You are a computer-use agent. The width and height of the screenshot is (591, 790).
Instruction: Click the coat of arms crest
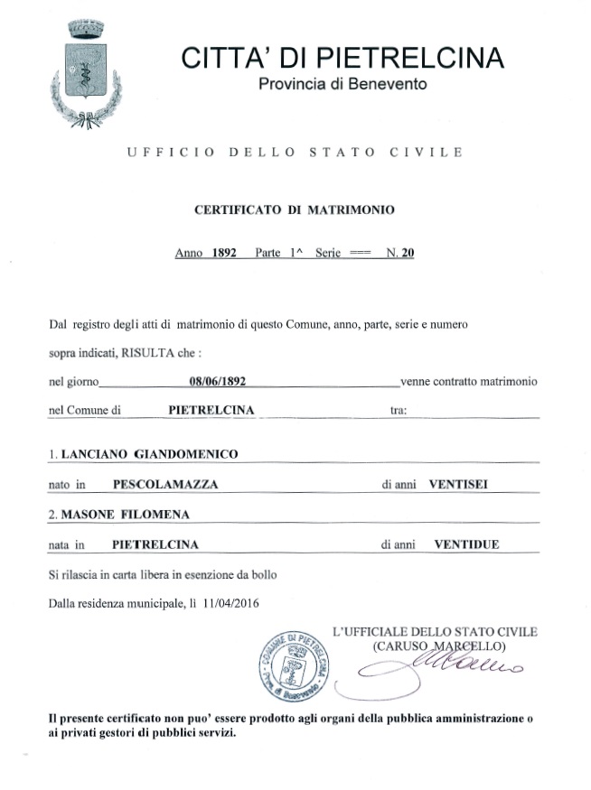(x=87, y=69)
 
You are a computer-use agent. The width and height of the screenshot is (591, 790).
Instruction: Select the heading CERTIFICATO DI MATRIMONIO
(x=295, y=209)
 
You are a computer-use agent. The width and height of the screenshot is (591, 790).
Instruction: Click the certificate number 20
(x=408, y=254)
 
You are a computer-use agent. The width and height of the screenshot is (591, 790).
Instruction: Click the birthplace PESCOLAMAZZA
(x=165, y=485)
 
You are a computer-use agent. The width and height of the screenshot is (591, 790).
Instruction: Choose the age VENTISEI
(x=461, y=485)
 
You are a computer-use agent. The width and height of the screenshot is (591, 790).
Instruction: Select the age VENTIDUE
(x=466, y=544)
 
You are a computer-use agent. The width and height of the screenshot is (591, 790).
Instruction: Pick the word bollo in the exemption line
(x=263, y=574)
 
